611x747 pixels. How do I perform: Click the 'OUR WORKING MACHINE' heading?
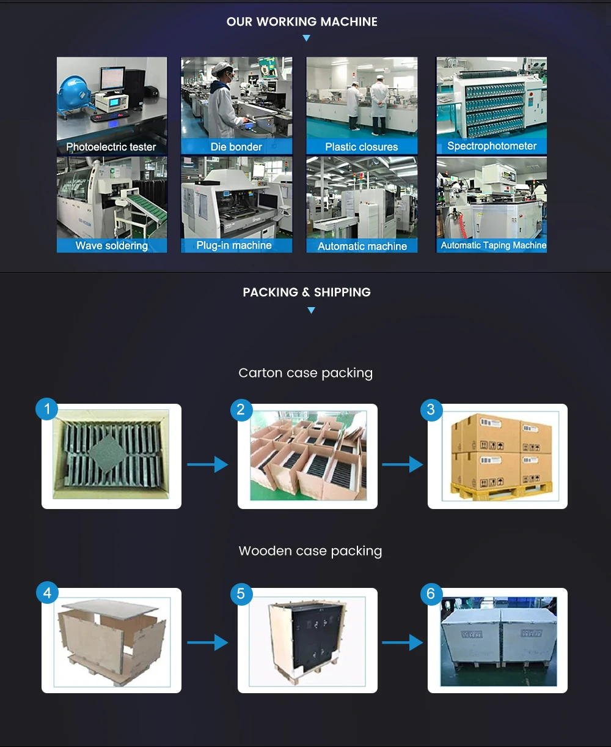(302, 22)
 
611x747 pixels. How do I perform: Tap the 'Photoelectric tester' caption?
(111, 147)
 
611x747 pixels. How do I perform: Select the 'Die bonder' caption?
(236, 147)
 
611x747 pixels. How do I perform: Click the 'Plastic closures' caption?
(361, 147)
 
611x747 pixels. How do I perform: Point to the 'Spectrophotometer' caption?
(491, 146)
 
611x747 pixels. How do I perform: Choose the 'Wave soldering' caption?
(111, 246)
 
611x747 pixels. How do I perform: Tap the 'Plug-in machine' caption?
(234, 245)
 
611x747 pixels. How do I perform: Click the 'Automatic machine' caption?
(362, 246)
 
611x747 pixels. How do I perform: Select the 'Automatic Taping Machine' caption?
(493, 245)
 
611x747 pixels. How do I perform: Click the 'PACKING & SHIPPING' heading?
(307, 292)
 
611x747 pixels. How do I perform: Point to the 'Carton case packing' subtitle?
(305, 373)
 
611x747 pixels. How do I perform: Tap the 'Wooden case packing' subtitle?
(310, 551)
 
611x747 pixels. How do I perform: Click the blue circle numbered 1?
(47, 409)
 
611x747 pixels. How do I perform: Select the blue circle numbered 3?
(431, 409)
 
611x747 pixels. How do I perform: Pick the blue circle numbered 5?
(241, 593)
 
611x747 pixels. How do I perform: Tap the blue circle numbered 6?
(431, 593)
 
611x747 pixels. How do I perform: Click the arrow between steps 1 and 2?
(208, 465)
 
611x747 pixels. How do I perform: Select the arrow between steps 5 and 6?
(403, 642)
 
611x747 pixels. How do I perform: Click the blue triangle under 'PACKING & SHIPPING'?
(311, 310)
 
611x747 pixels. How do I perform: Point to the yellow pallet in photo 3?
(501, 490)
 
